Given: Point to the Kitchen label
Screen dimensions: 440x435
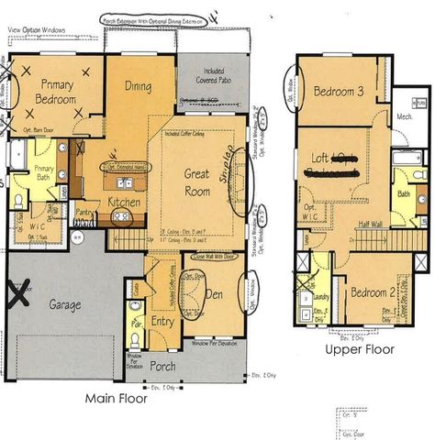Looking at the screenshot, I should point(123,202).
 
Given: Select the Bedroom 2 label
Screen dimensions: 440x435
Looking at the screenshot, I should point(376,292).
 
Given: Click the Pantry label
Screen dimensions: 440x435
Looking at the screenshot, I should point(85,212).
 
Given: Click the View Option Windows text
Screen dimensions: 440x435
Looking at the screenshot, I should point(37,30).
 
